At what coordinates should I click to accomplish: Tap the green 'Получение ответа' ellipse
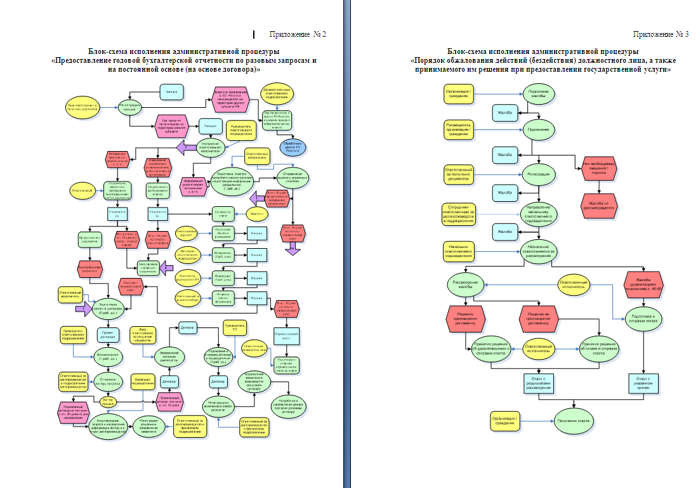574,420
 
